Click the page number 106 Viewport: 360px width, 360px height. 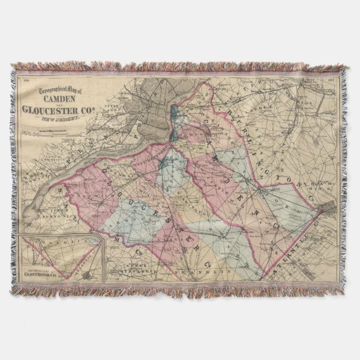25,79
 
